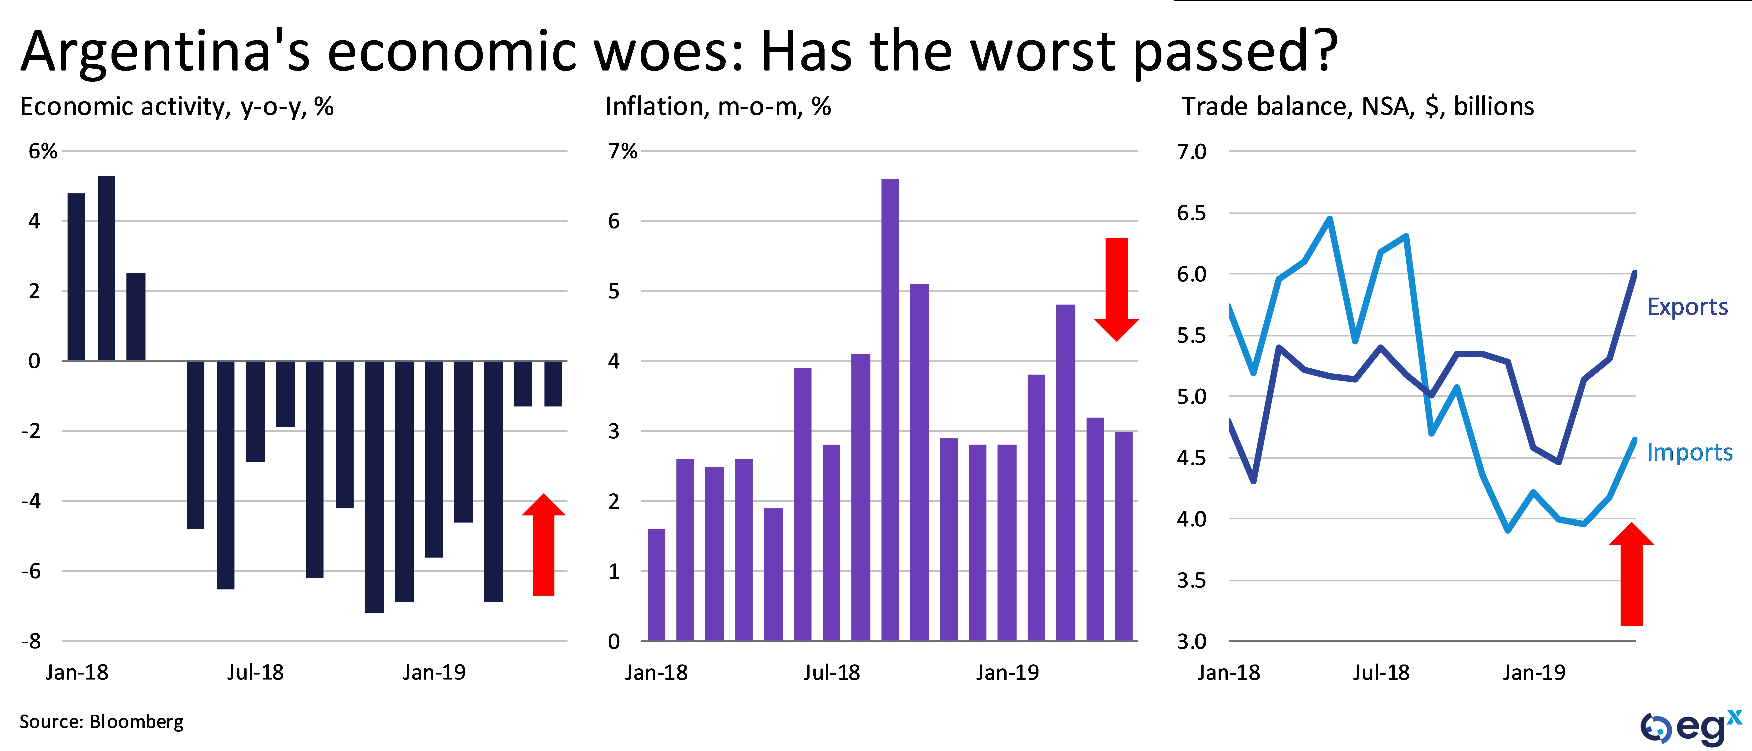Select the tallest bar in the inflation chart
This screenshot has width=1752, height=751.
[x=890, y=408]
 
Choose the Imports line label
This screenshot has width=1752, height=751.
[x=1689, y=452]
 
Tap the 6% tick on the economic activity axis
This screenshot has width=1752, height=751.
[x=42, y=151]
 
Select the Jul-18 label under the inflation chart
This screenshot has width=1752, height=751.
[x=831, y=673]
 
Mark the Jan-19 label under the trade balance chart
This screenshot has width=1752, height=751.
[x=1534, y=673]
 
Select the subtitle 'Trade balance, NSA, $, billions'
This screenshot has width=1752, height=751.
[x=1357, y=107]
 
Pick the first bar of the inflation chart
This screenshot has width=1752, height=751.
[x=656, y=585]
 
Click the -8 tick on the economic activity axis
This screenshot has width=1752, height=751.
[x=31, y=641]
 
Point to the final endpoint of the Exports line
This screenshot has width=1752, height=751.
[x=1634, y=273]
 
